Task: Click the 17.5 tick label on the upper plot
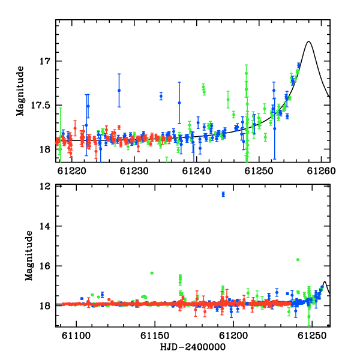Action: pyautogui.click(x=41, y=106)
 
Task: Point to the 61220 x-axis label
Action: pyautogui.click(x=72, y=171)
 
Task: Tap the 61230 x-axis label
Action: pyautogui.click(x=134, y=171)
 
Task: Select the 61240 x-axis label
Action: pyautogui.click(x=197, y=171)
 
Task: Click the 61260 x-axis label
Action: pyautogui.click(x=321, y=171)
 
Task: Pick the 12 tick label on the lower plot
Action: pyautogui.click(x=45, y=187)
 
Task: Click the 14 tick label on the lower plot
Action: pyautogui.click(x=45, y=226)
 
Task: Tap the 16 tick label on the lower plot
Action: pyautogui.click(x=45, y=266)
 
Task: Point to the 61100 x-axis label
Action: pyautogui.click(x=76, y=335)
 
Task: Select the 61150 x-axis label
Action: pyautogui.click(x=155, y=335)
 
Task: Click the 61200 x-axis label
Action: pyautogui.click(x=233, y=335)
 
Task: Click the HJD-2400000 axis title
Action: pyautogui.click(x=193, y=347)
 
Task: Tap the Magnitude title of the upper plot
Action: pyautogui.click(x=20, y=91)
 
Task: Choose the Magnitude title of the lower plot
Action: pyautogui.click(x=29, y=256)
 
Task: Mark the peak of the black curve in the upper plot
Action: pyautogui.click(x=309, y=41)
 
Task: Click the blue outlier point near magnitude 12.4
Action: pyautogui.click(x=223, y=194)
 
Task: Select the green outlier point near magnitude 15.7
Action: pyautogui.click(x=298, y=260)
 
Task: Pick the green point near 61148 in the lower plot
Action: pyautogui.click(x=152, y=273)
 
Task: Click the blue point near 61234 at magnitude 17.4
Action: pyautogui.click(x=161, y=96)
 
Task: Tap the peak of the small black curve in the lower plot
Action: pyautogui.click(x=325, y=281)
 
